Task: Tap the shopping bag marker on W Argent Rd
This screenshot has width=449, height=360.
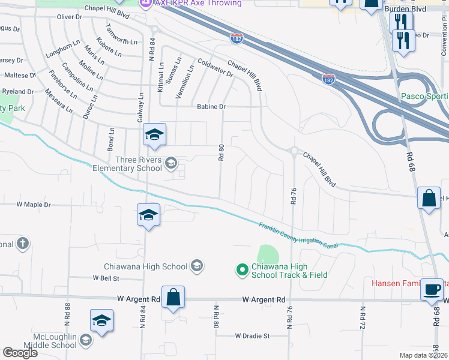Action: pos(173,297)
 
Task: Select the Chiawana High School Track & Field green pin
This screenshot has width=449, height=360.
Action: pos(243,271)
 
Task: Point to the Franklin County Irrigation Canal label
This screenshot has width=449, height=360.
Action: pos(298,235)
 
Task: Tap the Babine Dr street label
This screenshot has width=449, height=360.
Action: pos(211,107)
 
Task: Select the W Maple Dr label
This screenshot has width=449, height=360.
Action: pos(34,205)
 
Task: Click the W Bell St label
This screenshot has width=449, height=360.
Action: pos(106,278)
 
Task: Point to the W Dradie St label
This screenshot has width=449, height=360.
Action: pos(253,336)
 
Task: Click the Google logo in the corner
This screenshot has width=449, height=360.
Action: pos(20,353)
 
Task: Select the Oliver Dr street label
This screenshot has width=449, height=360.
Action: pos(69,17)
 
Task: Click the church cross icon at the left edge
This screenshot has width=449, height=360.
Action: pos(23,244)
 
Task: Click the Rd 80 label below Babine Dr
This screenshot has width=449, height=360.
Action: pos(221,152)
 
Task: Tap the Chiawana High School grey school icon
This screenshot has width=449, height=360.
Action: pos(196,266)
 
